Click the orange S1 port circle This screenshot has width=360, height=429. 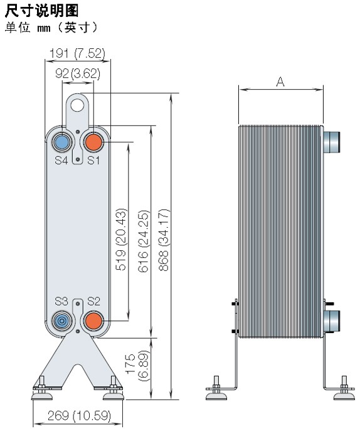pyautogui.click(x=94, y=142)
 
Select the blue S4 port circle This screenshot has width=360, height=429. pyautogui.click(x=62, y=142)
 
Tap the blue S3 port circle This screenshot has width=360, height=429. pyautogui.click(x=62, y=320)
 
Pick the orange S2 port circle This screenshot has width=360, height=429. pyautogui.click(x=94, y=320)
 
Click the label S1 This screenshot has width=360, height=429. pyautogui.click(x=93, y=161)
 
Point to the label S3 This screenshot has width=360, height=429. pyautogui.click(x=61, y=301)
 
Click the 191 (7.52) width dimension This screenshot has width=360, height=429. pyautogui.click(x=77, y=53)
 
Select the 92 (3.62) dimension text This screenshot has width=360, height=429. pyautogui.click(x=78, y=73)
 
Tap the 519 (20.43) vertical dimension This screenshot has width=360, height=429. pyautogui.click(x=121, y=240)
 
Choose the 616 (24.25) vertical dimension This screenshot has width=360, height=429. pyautogui.click(x=144, y=241)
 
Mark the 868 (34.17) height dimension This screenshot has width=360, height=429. pyautogui.click(x=164, y=240)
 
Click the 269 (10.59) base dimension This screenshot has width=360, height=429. pyautogui.click(x=79, y=416)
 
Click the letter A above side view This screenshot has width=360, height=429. pyautogui.click(x=281, y=82)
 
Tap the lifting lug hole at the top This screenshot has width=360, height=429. pyautogui.click(x=77, y=105)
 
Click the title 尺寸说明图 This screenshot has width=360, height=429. pyautogui.click(x=42, y=11)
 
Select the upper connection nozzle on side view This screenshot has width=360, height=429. pyautogui.click(x=331, y=142)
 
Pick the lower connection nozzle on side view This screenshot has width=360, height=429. pyautogui.click(x=331, y=320)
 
